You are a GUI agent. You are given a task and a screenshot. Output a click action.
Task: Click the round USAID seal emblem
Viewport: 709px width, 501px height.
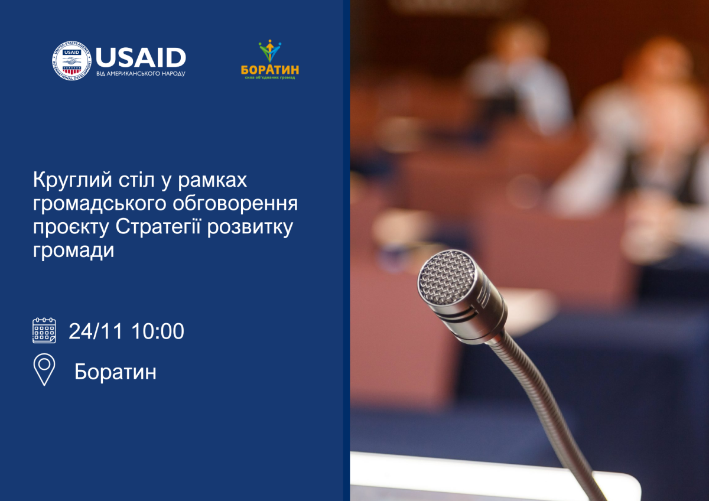72,61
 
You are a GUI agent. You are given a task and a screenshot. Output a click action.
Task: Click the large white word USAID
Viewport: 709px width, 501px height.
141,57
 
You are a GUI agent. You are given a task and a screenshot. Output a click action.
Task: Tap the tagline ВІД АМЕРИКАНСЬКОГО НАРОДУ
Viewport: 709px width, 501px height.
141,74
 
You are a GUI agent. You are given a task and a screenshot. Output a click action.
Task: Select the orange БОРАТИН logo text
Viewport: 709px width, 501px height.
270,69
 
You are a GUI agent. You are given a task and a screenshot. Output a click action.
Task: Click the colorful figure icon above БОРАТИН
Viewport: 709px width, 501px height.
270,51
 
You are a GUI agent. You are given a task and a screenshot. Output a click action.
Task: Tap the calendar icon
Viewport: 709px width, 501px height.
44,331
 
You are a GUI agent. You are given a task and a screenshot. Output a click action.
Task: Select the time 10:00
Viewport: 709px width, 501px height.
158,331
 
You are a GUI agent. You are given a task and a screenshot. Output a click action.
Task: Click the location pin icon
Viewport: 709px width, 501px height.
44,369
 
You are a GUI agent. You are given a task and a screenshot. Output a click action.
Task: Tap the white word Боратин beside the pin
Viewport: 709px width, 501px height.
115,372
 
